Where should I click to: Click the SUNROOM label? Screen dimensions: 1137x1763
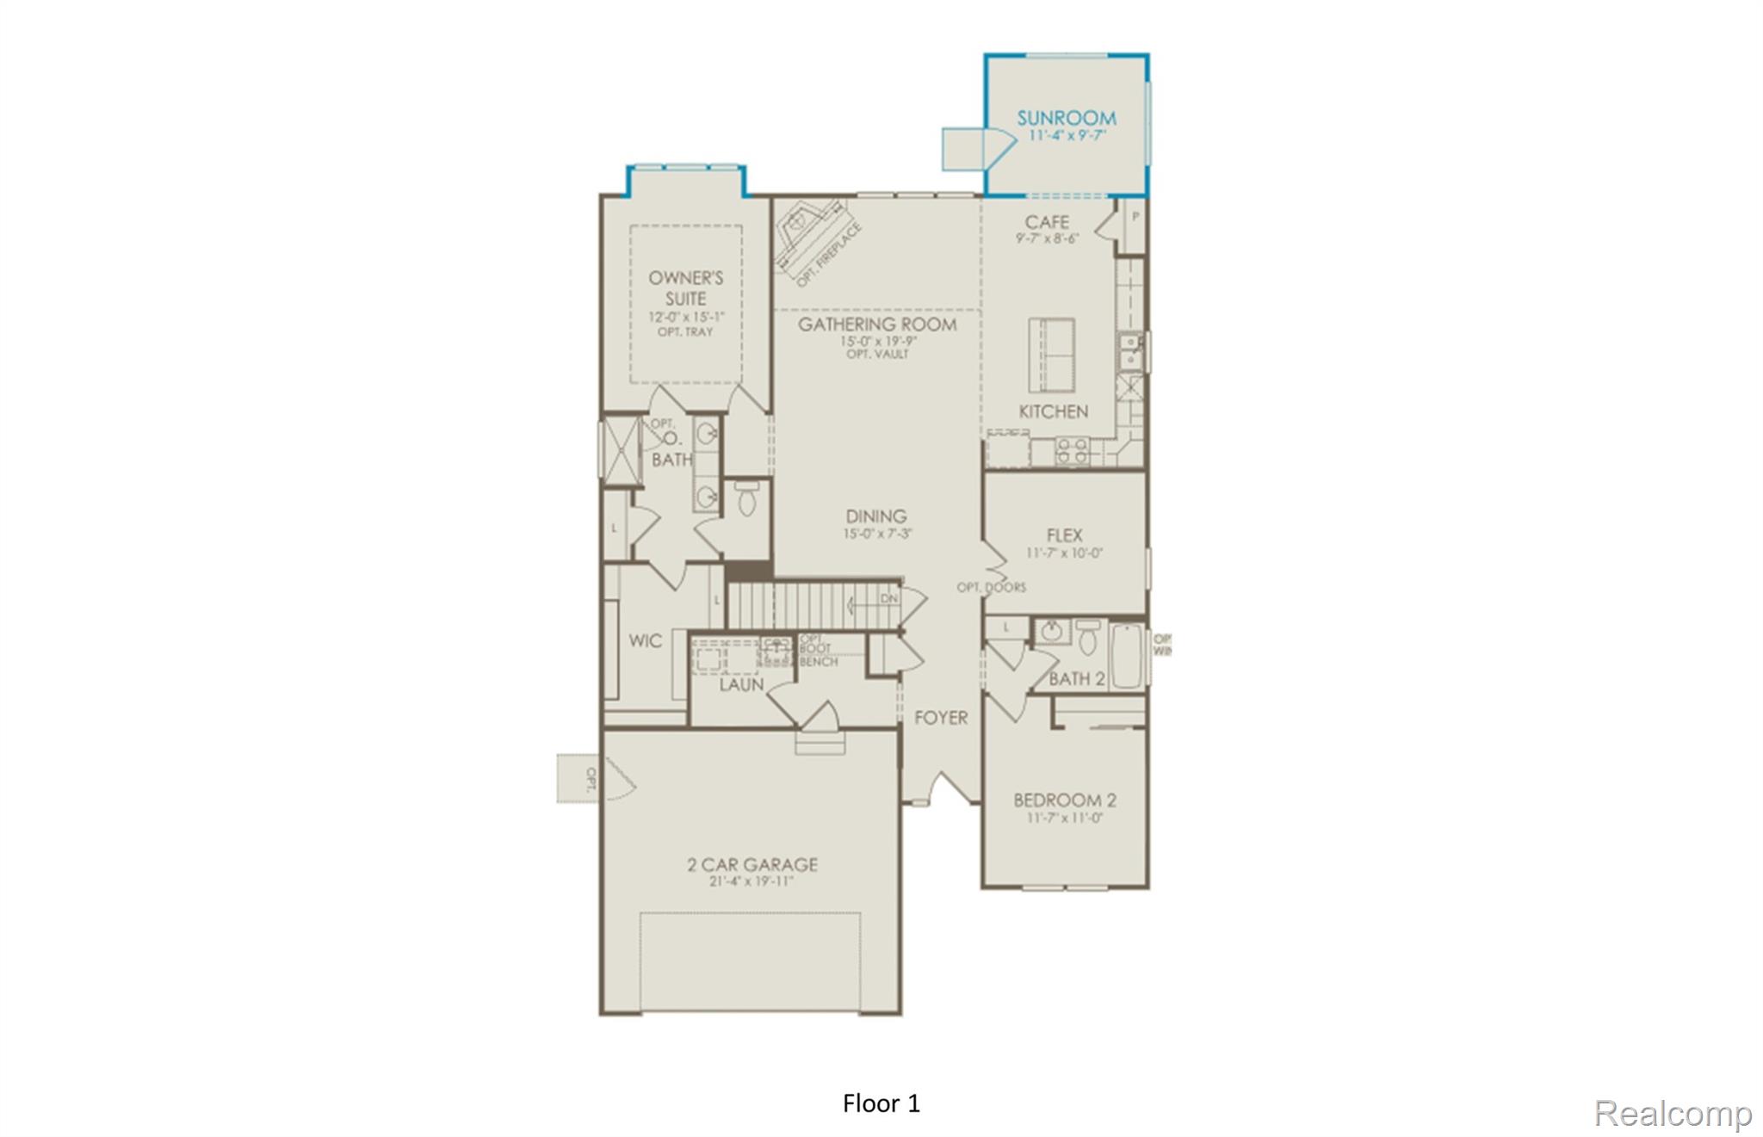[x=1067, y=118]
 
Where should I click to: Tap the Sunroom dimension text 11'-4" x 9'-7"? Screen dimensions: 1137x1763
[x=1067, y=136]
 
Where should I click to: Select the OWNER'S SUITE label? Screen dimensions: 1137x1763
[x=685, y=287]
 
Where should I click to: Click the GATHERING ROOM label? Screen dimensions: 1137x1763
[x=876, y=324]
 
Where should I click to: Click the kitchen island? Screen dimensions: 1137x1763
[x=1051, y=355]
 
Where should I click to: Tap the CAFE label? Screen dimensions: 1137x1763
[x=1047, y=222]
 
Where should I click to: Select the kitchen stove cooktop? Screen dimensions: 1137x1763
[x=1072, y=451]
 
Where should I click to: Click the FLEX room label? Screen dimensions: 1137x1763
[x=1064, y=535]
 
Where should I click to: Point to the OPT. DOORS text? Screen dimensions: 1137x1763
[x=991, y=587]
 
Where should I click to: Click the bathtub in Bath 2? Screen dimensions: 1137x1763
[x=1126, y=656]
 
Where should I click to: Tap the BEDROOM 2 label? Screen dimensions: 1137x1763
[x=1064, y=800]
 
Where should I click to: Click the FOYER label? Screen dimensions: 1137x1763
[x=940, y=717]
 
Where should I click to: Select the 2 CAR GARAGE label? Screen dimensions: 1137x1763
[x=752, y=864]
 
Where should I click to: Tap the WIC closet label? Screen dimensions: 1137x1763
[x=645, y=640]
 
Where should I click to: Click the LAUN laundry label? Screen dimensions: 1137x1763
[x=741, y=684]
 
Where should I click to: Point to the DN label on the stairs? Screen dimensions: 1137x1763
[x=888, y=598]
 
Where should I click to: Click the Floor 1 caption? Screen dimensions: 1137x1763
[x=881, y=1103]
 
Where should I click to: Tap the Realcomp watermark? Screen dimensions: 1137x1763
[x=1672, y=1113]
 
